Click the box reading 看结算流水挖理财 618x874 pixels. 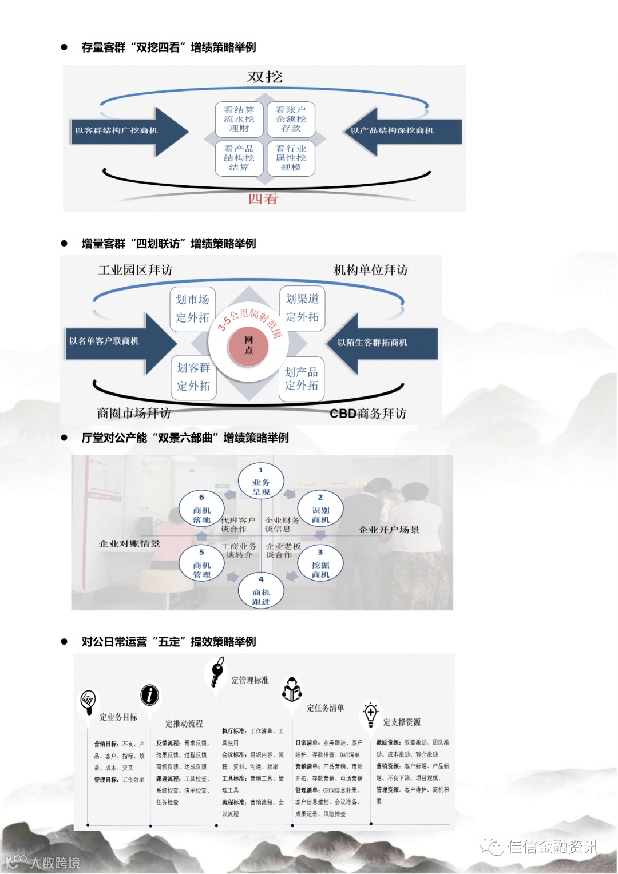(239, 119)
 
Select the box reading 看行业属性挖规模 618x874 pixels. (291, 158)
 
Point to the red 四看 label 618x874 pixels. (263, 199)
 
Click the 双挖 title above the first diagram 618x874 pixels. (265, 77)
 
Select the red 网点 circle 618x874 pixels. (248, 345)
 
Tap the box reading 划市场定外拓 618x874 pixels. (193, 308)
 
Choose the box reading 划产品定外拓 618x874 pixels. (302, 379)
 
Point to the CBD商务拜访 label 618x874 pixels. (368, 414)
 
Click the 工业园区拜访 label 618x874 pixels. (136, 270)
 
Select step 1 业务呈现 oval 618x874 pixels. (261, 482)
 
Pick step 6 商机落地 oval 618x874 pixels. (201, 509)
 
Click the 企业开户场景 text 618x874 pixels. (389, 530)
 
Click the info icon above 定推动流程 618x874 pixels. (149, 695)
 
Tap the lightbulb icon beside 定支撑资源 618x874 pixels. (370, 713)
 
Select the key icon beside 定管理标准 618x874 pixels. (217, 671)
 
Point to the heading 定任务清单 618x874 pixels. (326, 708)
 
